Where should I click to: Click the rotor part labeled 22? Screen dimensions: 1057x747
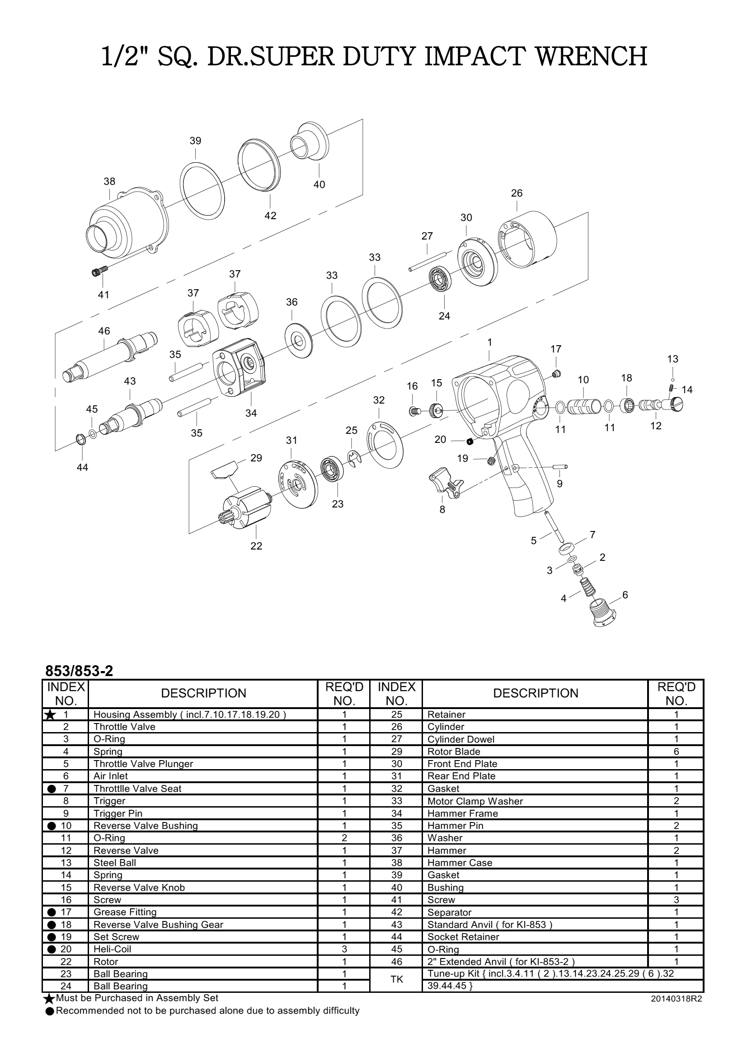246,507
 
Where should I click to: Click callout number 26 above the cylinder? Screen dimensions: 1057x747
517,193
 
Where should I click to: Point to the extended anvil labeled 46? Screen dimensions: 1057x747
110,359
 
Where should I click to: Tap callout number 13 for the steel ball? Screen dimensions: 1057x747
672,359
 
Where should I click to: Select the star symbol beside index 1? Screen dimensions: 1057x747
50,715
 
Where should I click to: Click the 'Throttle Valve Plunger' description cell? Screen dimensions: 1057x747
143,764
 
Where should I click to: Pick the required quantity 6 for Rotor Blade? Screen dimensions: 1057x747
676,752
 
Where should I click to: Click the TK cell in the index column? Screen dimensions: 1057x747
396,980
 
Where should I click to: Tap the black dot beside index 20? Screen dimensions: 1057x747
52,949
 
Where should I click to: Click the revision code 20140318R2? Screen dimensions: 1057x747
676,999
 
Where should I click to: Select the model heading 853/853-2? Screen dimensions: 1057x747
79,671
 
